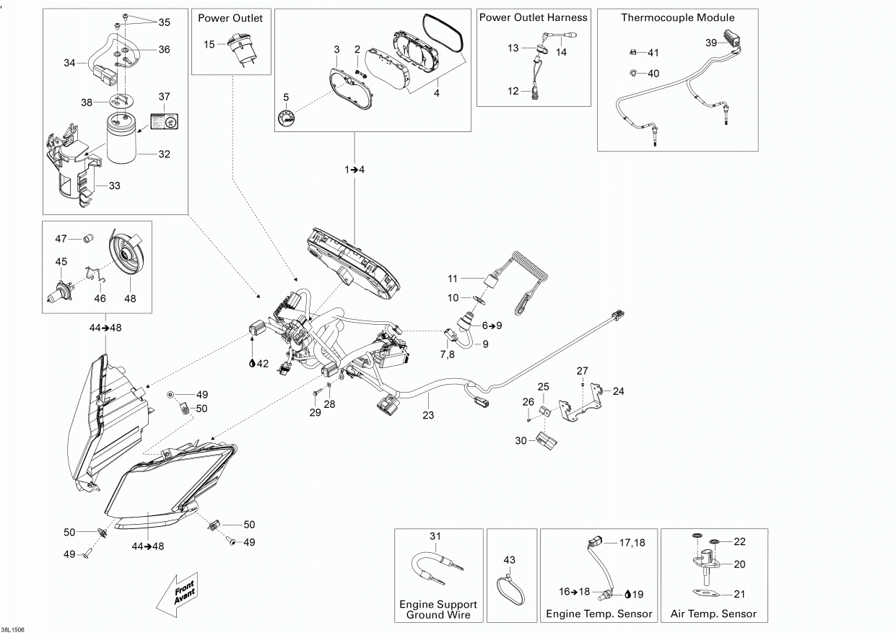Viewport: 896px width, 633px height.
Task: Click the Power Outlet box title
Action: [x=230, y=18]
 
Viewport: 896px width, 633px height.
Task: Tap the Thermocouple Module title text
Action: [x=678, y=17]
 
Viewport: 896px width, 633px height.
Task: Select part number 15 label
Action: [x=209, y=44]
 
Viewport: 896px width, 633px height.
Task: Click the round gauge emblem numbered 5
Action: [x=287, y=118]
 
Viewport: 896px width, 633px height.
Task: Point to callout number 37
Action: [x=165, y=97]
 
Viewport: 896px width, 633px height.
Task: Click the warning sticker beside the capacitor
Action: [x=165, y=121]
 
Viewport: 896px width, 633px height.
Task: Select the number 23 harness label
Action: [x=428, y=416]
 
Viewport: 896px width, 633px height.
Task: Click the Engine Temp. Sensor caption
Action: [x=599, y=614]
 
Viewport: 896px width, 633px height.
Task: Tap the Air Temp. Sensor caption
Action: [x=713, y=614]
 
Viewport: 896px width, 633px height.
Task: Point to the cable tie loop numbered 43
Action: [x=510, y=589]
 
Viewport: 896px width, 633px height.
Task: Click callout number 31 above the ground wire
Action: [x=435, y=536]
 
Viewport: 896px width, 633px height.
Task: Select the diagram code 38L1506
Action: [x=13, y=630]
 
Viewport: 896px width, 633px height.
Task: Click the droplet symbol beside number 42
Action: [x=252, y=363]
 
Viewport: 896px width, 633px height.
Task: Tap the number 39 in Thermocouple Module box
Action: [x=710, y=43]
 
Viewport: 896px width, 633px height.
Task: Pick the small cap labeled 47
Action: [x=88, y=238]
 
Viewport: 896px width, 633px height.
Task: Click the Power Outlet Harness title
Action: [x=534, y=17]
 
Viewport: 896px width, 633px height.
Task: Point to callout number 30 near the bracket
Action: [x=521, y=441]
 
